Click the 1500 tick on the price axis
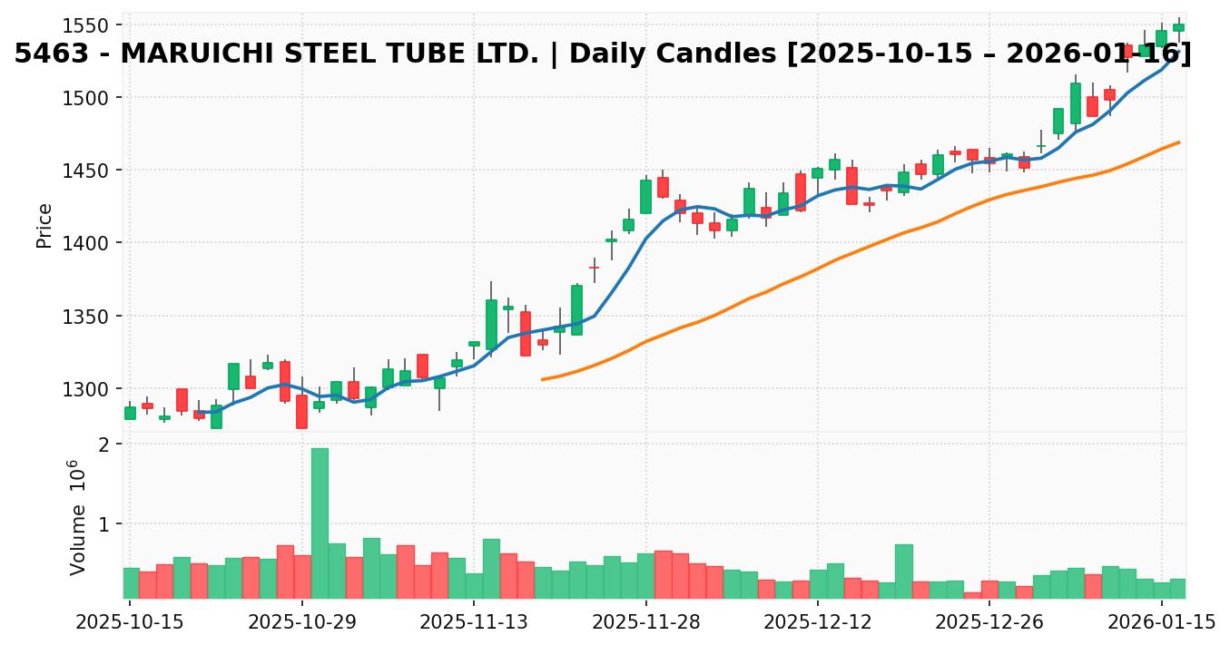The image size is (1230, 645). coord(90,97)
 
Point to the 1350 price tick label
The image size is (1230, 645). coord(90,317)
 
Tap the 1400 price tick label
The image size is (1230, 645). coord(90,243)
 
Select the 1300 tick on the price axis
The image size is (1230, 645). coord(90,389)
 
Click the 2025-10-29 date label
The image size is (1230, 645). coord(301,622)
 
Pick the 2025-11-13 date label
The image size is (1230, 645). coord(473,622)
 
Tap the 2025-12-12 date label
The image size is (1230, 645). coord(817,622)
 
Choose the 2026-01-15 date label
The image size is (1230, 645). coord(1161,622)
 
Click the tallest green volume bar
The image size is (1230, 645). coord(320,523)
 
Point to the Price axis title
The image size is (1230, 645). coord(44,225)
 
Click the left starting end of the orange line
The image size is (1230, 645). coord(542,379)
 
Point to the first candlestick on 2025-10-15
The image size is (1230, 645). coord(130,413)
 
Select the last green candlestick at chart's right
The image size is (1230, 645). coord(1178,27)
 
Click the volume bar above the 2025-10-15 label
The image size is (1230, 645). coord(130,582)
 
